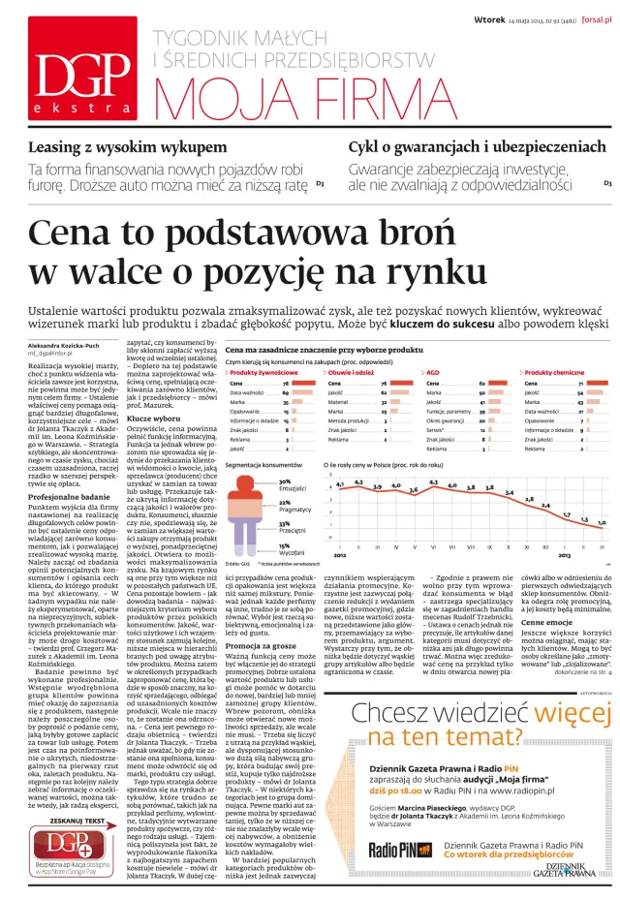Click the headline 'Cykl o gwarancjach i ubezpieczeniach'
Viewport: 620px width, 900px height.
click(479, 146)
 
